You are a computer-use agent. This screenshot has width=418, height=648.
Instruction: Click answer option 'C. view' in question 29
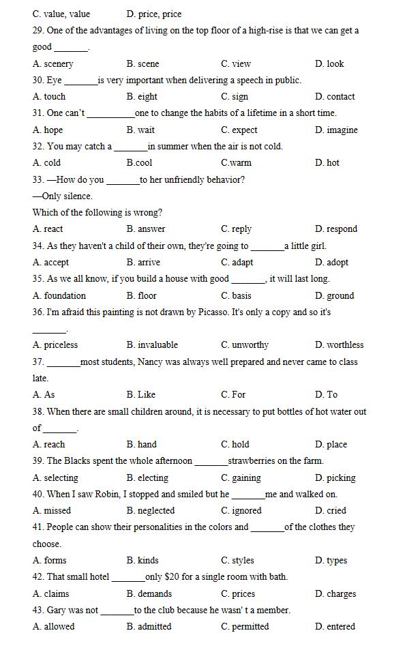click(x=235, y=63)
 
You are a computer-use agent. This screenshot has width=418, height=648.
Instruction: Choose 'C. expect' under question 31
click(x=239, y=130)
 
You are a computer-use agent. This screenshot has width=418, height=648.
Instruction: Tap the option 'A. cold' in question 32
click(x=46, y=163)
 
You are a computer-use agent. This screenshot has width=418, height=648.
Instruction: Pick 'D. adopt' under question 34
click(x=331, y=263)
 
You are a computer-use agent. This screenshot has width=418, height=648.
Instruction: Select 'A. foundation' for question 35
click(x=59, y=296)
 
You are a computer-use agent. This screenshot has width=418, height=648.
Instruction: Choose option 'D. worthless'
click(x=339, y=345)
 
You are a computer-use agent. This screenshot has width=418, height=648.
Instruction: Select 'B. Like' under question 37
click(x=140, y=395)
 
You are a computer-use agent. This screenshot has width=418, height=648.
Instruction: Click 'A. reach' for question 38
click(x=49, y=445)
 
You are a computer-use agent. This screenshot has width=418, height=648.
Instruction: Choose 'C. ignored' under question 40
click(x=241, y=511)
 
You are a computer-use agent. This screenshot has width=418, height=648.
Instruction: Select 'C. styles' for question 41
click(x=237, y=561)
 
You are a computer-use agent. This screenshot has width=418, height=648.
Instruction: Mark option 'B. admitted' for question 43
click(x=149, y=627)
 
